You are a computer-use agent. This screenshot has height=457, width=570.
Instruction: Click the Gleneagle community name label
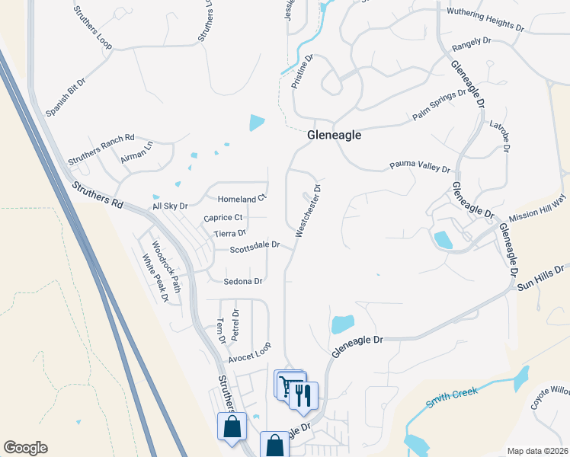pyautogui.click(x=334, y=136)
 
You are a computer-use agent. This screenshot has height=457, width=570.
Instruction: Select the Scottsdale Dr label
pyautogui.click(x=256, y=247)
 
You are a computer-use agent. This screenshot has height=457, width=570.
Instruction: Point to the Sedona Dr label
pyautogui.click(x=243, y=281)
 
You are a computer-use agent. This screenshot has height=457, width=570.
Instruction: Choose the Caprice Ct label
pyautogui.click(x=223, y=218)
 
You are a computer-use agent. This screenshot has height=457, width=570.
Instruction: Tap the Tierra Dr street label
pyautogui.click(x=230, y=234)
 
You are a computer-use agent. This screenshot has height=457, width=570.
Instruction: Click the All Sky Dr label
pyautogui.click(x=169, y=206)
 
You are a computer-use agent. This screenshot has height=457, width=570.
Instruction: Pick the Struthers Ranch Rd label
pyautogui.click(x=101, y=149)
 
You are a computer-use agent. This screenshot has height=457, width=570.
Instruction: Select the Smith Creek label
pyautogui.click(x=451, y=397)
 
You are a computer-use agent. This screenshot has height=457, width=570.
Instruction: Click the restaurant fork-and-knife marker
pyautogui.click(x=303, y=395)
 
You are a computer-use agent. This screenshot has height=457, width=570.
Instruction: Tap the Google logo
pyautogui.click(x=25, y=448)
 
